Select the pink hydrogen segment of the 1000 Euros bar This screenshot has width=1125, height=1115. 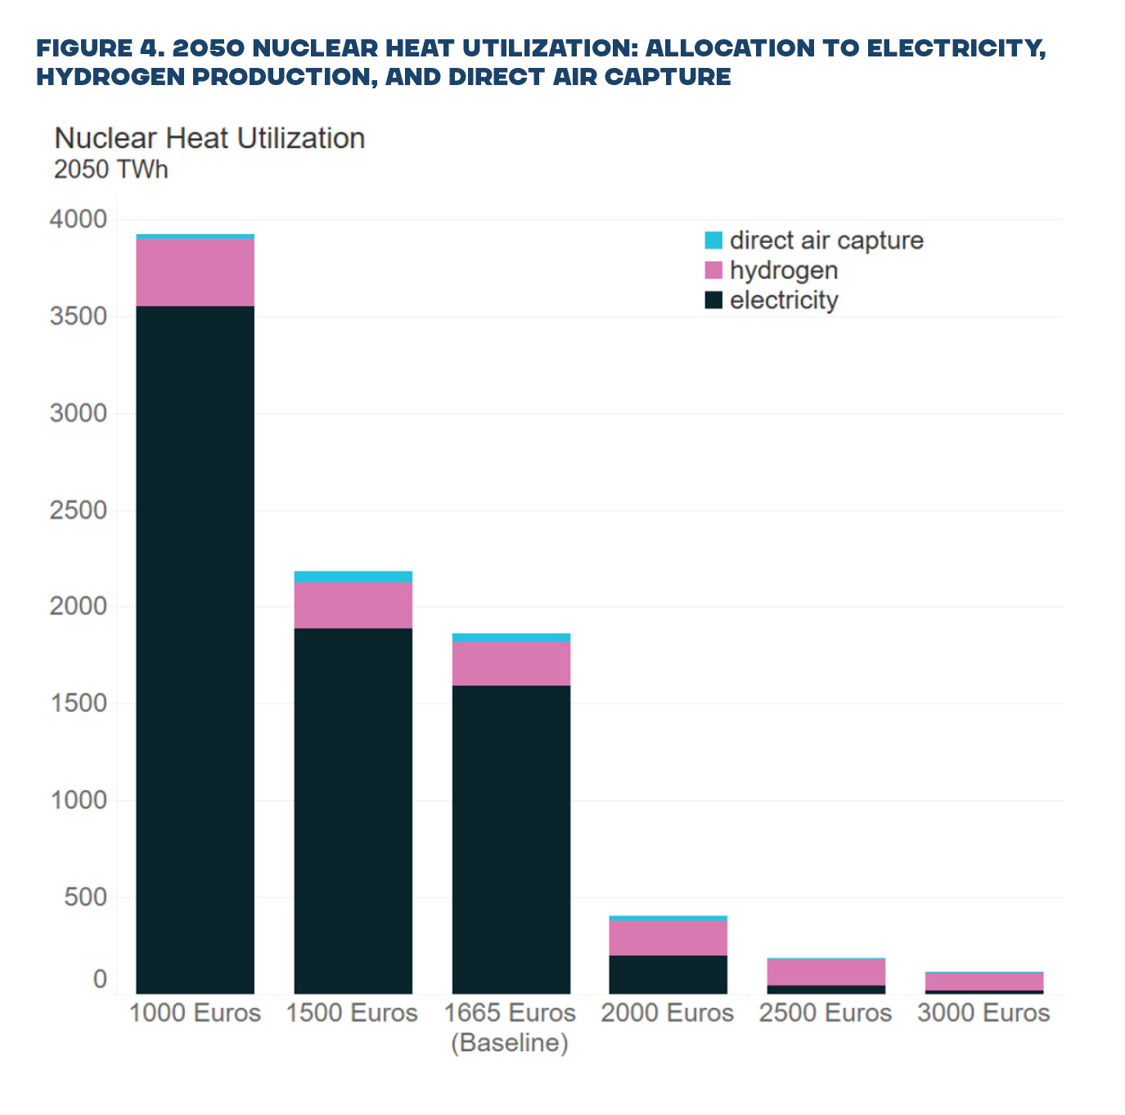[x=195, y=272]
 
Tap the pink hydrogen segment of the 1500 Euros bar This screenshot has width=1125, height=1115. [x=353, y=605]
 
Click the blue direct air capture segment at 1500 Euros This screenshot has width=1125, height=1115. [x=353, y=577]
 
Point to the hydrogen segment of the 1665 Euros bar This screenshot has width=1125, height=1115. [x=511, y=663]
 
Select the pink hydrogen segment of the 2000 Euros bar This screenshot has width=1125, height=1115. [x=668, y=937]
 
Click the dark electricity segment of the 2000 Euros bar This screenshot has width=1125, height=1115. [x=668, y=974]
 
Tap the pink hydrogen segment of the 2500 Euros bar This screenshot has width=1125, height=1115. [x=826, y=972]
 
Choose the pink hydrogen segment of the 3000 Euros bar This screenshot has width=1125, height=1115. [x=983, y=982]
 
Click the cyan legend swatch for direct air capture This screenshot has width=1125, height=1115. [x=713, y=241]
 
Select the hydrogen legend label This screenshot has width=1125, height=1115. [x=783, y=270]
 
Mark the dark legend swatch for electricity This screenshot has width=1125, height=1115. [x=713, y=300]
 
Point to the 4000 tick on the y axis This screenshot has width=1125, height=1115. [x=78, y=219]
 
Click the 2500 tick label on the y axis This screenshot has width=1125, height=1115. [x=78, y=510]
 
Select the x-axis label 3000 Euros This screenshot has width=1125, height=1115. [x=983, y=1013]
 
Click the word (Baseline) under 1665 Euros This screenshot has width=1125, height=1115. [x=510, y=1043]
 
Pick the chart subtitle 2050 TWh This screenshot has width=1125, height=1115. [x=110, y=169]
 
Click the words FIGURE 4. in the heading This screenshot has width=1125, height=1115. [x=99, y=48]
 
